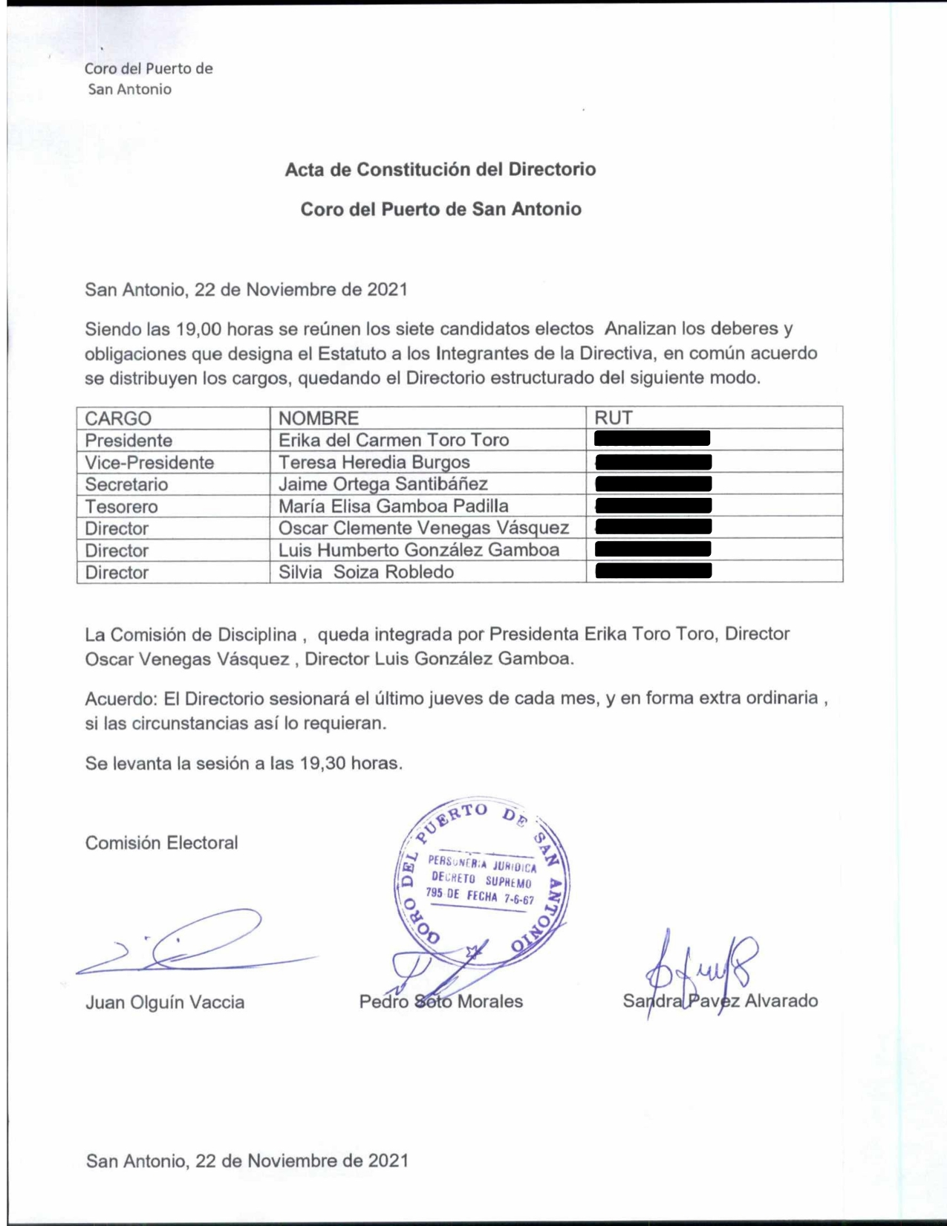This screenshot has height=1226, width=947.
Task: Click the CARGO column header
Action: [x=118, y=418]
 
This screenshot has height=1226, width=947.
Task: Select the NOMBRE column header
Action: [x=319, y=418]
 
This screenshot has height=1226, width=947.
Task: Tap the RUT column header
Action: [x=614, y=418]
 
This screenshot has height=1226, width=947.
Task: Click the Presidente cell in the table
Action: [x=128, y=441]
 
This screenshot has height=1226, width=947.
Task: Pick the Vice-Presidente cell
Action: [x=149, y=463]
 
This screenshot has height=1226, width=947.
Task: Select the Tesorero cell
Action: [x=121, y=507]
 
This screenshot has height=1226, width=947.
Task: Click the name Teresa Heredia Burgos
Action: [x=374, y=462]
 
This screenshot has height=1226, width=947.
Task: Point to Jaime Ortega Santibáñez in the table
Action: [x=383, y=484]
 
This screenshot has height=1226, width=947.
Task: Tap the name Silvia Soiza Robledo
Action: [x=366, y=572]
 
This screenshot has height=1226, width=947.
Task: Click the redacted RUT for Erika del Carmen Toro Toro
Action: [x=652, y=438]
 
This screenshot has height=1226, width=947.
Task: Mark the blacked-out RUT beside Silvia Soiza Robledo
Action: [x=654, y=571]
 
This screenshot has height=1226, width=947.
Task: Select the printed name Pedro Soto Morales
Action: [x=441, y=1002]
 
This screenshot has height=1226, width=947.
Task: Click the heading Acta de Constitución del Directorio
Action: [x=440, y=169]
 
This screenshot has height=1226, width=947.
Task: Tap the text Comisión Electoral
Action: [x=162, y=843]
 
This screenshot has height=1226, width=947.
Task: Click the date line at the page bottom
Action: [x=247, y=1161]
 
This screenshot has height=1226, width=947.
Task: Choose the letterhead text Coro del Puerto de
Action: [x=149, y=69]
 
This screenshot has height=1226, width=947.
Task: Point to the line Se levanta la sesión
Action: [x=244, y=763]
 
